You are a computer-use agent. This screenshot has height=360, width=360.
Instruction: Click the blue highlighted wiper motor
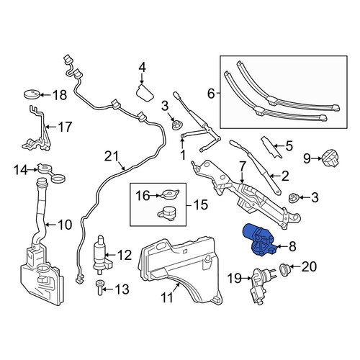click(x=258, y=240)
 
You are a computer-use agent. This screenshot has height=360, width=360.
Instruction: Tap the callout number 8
click(x=292, y=246)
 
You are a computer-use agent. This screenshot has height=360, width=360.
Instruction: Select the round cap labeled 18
click(x=32, y=94)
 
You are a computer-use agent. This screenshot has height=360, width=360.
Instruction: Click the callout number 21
click(x=112, y=156)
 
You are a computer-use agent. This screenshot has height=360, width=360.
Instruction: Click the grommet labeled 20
click(x=286, y=270)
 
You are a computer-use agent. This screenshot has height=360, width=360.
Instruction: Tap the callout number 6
click(x=211, y=94)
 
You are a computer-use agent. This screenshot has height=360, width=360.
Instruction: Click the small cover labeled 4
click(x=145, y=93)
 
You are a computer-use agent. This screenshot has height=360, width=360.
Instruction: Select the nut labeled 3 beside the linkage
click(x=293, y=198)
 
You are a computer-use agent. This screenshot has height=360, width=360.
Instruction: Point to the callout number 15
click(x=201, y=204)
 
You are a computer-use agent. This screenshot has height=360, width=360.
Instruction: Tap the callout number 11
click(x=167, y=298)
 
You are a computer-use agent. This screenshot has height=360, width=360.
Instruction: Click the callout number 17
click(x=65, y=127)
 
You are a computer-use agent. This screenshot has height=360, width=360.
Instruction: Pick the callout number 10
click(x=65, y=225)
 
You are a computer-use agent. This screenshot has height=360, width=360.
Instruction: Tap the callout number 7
click(x=242, y=166)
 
